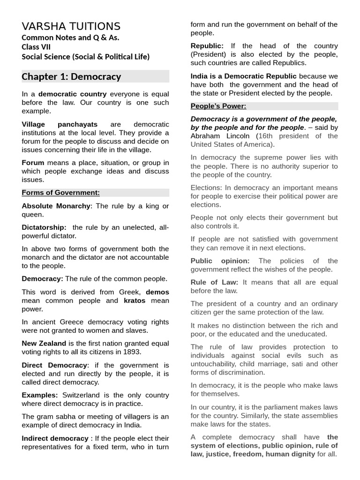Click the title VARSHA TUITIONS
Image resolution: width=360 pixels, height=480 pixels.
tap(71, 26)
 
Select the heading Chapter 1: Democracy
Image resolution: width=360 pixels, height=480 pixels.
tap(71, 76)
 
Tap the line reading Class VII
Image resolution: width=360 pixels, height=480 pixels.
tap(36, 47)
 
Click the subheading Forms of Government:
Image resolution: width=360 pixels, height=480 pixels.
tap(60, 193)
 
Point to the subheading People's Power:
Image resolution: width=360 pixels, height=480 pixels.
tap(218, 106)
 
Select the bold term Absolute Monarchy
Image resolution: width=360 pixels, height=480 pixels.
tap(56, 206)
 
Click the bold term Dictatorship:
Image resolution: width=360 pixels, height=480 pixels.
tap(44, 227)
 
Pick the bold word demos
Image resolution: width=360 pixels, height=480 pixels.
tap(157, 292)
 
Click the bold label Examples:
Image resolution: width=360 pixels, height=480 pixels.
tap(40, 395)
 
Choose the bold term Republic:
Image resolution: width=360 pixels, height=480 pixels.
tap(207, 46)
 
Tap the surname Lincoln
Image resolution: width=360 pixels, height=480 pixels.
tap(238, 136)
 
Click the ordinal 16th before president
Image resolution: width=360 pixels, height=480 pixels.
tap(266, 136)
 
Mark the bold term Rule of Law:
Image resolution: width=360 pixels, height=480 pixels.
tap(214, 282)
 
